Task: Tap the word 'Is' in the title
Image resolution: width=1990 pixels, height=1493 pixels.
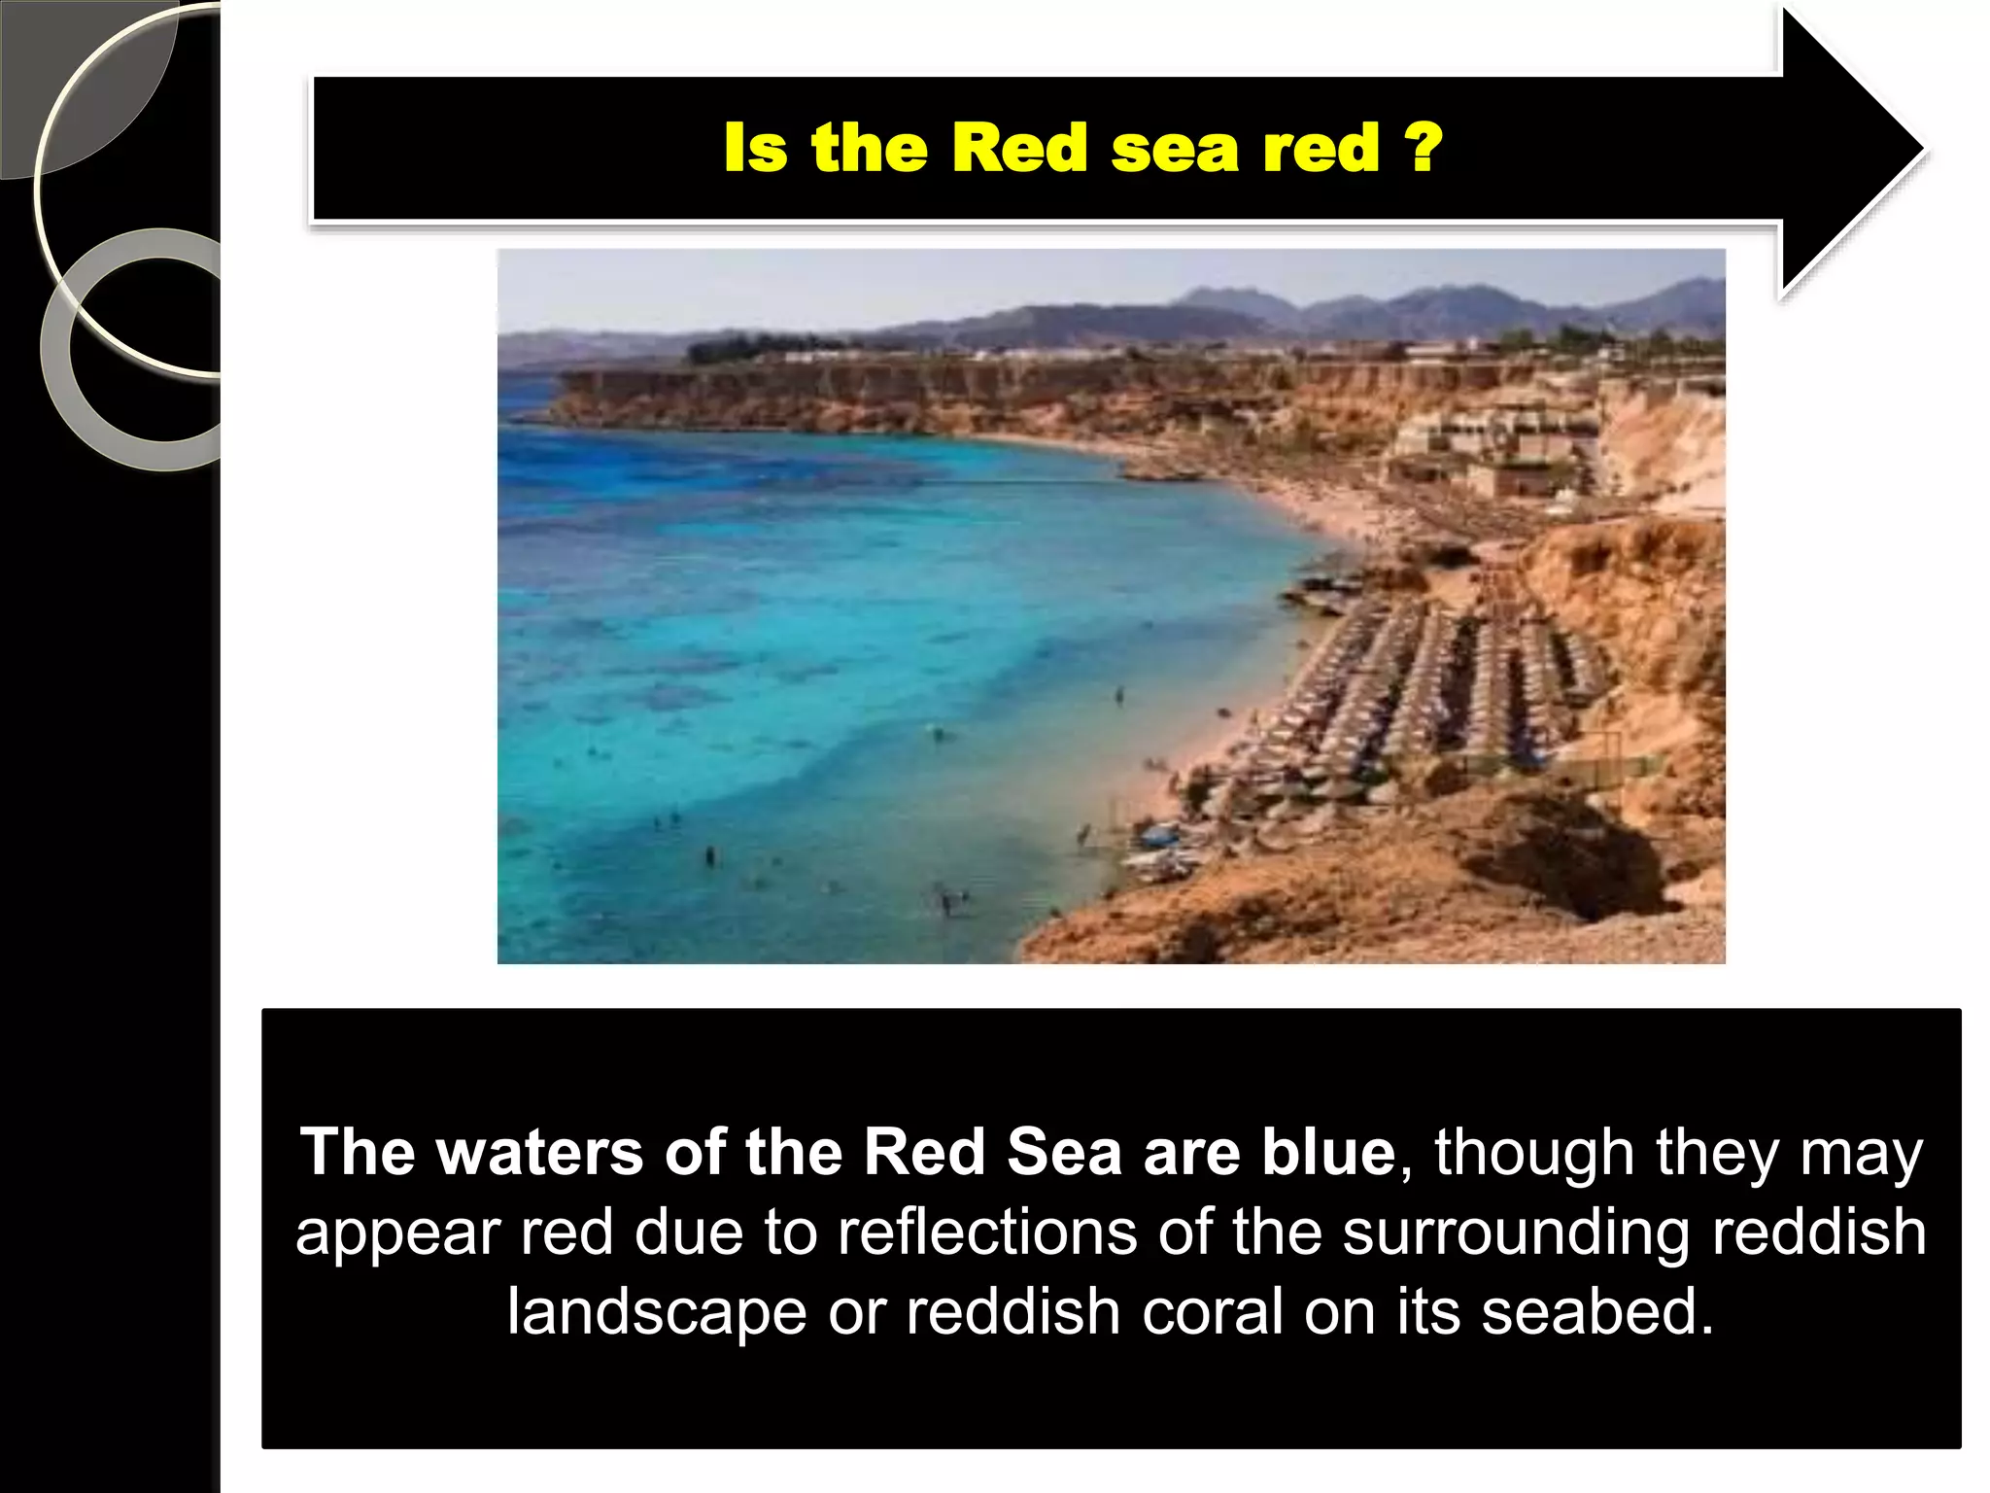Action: click(x=755, y=149)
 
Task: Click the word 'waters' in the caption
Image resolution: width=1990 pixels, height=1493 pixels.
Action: click(x=539, y=1153)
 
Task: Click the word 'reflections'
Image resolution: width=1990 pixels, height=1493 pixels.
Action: click(x=987, y=1233)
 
